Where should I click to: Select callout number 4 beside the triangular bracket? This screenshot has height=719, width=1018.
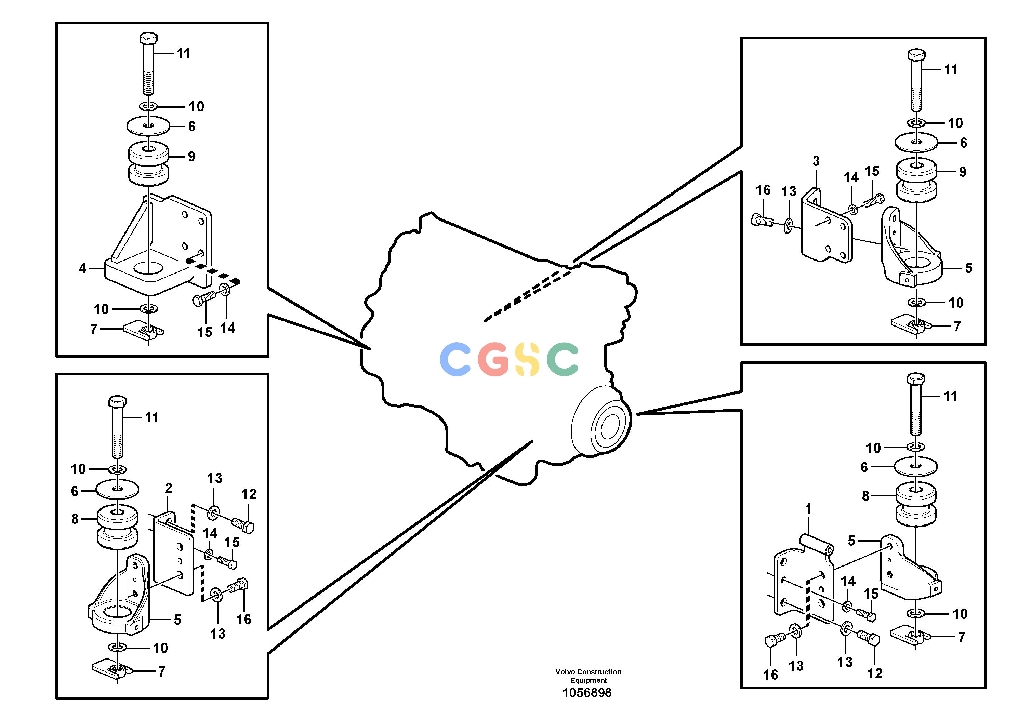(x=82, y=268)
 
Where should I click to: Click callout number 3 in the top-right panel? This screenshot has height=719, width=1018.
(x=816, y=161)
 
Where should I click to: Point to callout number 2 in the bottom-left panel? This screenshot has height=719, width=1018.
(x=169, y=488)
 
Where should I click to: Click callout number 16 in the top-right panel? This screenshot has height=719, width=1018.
(x=763, y=190)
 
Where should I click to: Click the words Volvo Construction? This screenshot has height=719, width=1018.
(x=589, y=671)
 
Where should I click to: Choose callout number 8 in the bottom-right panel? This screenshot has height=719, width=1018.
(x=865, y=496)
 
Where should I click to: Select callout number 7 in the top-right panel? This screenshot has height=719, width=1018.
(x=957, y=326)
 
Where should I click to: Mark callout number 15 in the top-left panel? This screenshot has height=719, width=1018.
(x=205, y=332)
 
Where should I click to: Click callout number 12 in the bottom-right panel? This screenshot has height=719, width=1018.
(x=875, y=673)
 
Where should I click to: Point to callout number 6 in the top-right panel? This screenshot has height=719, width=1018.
(x=964, y=142)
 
